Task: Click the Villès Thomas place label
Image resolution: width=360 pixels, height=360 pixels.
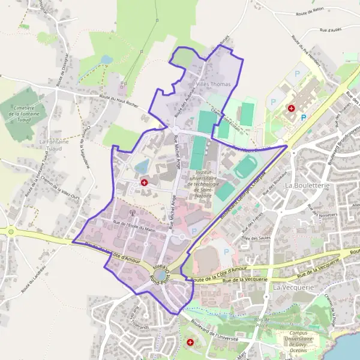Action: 213,85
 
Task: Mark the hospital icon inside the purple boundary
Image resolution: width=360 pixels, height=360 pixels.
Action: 144,182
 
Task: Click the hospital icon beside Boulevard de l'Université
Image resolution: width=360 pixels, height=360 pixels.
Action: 191,343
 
